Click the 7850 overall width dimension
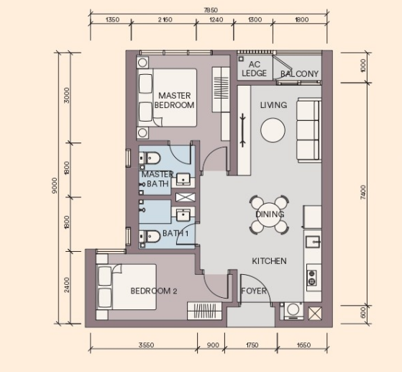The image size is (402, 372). pos(211,10)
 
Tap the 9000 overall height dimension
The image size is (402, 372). pos(55,185)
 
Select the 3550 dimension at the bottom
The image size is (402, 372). pos(147,345)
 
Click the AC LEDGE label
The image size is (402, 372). pos(254,69)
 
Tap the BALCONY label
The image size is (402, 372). pos(299,74)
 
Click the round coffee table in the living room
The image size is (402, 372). pos(273,130)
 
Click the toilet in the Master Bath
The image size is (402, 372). pos(150,158)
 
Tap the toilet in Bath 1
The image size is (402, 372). pos(150,236)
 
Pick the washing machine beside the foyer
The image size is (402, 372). pos(293,311)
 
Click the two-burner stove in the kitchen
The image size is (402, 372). pos(312,278)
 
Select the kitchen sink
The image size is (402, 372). pos(313,242)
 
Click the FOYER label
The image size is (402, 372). pos(254,291)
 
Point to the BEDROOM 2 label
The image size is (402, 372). pos(154,291)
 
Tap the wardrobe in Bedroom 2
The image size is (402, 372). pos(204,311)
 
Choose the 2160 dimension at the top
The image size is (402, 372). pos(165,19)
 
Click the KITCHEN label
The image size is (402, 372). pos(269,261)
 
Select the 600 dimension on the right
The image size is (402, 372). pos(363,312)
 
